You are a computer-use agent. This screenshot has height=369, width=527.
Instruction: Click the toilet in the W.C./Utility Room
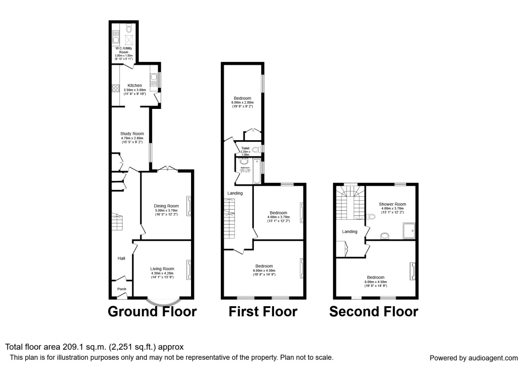(x=129, y=29)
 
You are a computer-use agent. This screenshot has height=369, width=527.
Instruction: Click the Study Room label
(x=132, y=134)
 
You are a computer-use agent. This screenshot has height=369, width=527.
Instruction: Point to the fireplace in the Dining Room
(x=189, y=206)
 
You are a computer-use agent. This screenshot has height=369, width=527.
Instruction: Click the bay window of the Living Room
(x=163, y=302)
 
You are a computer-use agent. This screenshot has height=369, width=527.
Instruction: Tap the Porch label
(x=122, y=289)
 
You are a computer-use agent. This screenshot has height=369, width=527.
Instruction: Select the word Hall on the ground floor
(x=121, y=258)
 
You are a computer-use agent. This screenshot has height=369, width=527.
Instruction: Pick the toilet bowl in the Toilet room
(x=256, y=149)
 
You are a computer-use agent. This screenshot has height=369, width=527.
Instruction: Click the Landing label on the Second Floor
(x=350, y=232)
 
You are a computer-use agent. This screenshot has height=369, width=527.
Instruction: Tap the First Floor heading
(x=263, y=312)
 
